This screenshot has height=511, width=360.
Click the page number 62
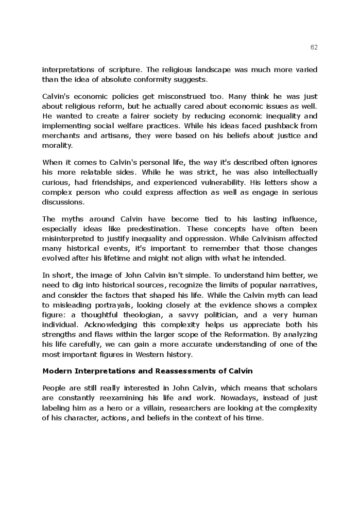(x=314, y=47)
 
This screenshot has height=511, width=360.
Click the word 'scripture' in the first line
(x=127, y=70)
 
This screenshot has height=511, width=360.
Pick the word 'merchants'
(x=59, y=135)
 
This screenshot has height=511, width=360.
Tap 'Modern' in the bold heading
(x=57, y=371)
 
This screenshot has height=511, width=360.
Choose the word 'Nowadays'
(x=237, y=398)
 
